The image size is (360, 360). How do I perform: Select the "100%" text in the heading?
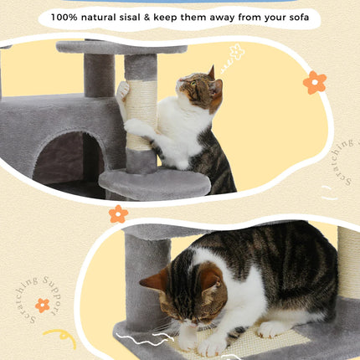pyautogui.click(x=65, y=16)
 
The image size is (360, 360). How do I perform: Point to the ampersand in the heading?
pyautogui.click(x=178, y=16)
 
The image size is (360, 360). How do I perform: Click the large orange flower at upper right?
pyautogui.click(x=315, y=82)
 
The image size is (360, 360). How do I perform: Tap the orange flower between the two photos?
pyautogui.click(x=118, y=214)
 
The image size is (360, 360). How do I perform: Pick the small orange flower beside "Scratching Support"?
pyautogui.click(x=42, y=305)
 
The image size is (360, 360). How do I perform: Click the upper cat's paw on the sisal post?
pyautogui.click(x=124, y=88)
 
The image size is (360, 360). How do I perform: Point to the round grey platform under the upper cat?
pyautogui.click(x=154, y=183)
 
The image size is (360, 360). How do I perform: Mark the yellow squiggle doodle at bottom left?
pyautogui.click(x=60, y=337)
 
